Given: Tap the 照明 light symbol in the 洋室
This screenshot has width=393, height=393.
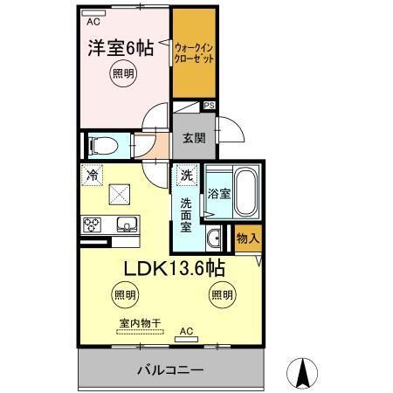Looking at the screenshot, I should pyautogui.click(x=122, y=75).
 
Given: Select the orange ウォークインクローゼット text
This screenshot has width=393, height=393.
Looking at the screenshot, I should pyautogui.click(x=193, y=52).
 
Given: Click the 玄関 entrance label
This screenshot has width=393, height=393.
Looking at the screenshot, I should pyautogui.click(x=193, y=136).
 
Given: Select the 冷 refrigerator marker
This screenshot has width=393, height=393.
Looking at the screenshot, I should pyautogui.click(x=92, y=175).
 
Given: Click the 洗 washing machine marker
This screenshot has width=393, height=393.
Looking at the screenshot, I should pyautogui.click(x=186, y=176).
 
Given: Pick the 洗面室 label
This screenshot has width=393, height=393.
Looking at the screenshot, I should pyautogui.click(x=186, y=214).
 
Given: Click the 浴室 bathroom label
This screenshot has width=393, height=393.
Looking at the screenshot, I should pyautogui.click(x=219, y=195).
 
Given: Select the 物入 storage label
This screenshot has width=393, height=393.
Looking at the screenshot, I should pyautogui.click(x=247, y=238).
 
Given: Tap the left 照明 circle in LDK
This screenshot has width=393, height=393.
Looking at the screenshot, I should pyautogui.click(x=123, y=295).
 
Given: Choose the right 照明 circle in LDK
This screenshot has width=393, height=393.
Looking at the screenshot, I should pyautogui.click(x=221, y=295).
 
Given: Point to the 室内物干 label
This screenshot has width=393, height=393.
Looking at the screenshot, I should pyautogui.click(x=140, y=323).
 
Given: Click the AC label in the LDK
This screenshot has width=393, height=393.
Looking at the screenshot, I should pyautogui.click(x=185, y=331).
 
